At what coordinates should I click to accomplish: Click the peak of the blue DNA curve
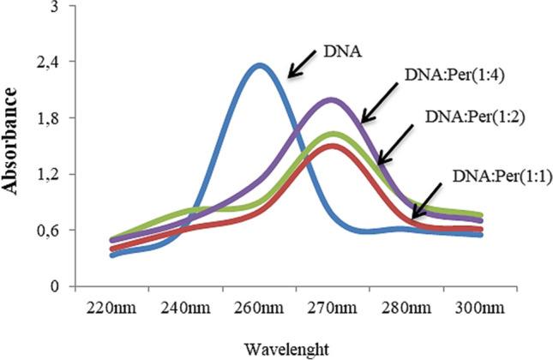pos(259,65)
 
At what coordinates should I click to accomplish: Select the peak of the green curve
pos(333,134)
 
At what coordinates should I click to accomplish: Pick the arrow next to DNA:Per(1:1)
pos(428,200)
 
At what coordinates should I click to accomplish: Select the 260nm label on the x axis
pos(259,307)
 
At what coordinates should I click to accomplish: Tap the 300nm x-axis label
pos(479,307)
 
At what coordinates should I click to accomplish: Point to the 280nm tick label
pos(406,307)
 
